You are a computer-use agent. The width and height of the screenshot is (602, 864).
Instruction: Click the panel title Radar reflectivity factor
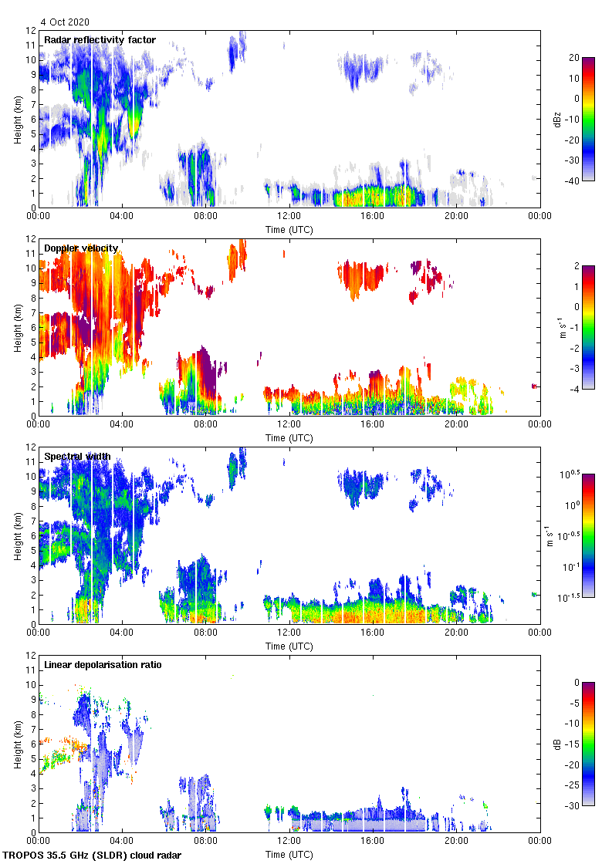point(100,40)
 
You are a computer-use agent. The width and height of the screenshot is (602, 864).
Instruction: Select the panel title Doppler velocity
point(81,248)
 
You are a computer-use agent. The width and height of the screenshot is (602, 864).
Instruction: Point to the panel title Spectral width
point(77,457)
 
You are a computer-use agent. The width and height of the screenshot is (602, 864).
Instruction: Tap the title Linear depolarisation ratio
point(103,665)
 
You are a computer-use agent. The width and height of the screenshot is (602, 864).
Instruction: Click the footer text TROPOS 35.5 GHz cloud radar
point(93,855)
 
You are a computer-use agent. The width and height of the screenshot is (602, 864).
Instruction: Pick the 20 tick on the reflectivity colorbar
point(576,58)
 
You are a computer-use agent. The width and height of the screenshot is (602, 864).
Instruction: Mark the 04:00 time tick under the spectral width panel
point(122,633)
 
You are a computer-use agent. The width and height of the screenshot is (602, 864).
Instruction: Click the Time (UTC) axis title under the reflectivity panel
point(289,229)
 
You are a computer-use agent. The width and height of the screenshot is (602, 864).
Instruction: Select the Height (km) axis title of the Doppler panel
point(17,327)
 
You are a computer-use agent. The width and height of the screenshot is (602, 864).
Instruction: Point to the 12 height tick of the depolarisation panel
point(30,655)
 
